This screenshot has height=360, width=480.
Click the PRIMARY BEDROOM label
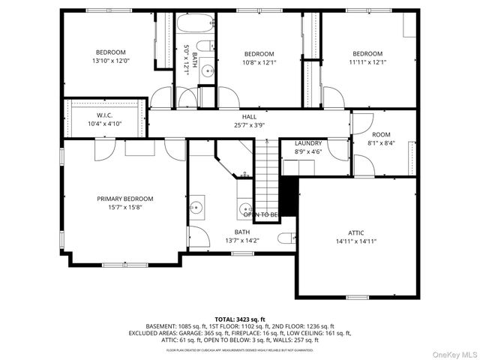124,199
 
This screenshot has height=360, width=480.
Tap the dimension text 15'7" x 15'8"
124,208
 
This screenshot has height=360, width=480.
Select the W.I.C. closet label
104,115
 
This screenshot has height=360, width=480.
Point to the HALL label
249,116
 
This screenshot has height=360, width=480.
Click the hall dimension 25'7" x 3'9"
249,125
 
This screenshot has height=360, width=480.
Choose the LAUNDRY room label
307,142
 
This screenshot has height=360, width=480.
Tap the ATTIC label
355,232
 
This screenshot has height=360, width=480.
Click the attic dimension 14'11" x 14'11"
355,241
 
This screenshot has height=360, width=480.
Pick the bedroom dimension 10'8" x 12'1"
259,62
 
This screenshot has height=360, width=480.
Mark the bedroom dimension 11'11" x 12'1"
367,62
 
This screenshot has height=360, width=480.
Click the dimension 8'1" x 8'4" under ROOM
381,142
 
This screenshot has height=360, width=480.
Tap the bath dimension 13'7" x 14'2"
242,241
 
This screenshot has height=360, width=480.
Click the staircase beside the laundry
267,176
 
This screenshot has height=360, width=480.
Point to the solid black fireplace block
289,196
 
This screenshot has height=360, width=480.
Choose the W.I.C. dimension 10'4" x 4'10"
104,124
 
